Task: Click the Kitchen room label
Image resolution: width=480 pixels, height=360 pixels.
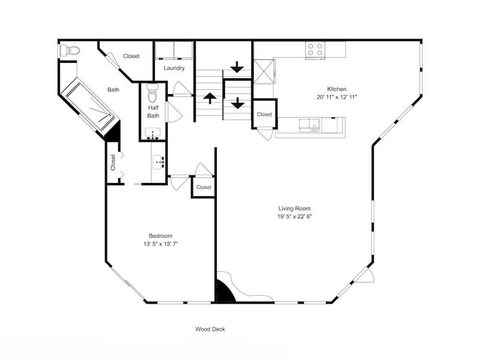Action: [337, 89]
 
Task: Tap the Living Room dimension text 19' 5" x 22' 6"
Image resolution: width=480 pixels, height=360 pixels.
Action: [295, 217]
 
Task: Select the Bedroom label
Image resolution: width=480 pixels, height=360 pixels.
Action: [160, 236]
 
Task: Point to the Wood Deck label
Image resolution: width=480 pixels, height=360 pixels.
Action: [210, 329]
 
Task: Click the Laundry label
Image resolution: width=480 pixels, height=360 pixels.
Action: [174, 68]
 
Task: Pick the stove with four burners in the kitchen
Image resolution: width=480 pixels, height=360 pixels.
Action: [315, 49]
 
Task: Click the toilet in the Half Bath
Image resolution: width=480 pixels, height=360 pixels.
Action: [153, 93]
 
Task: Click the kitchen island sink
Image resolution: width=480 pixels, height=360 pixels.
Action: [309, 125]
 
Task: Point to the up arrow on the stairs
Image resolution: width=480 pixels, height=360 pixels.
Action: [210, 98]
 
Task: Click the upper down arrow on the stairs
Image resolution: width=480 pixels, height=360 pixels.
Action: [237, 67]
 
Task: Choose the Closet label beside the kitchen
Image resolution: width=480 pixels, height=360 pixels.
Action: [264, 114]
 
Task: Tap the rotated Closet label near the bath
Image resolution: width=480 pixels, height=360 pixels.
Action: [113, 162]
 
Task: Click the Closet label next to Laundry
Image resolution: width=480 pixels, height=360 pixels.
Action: [131, 56]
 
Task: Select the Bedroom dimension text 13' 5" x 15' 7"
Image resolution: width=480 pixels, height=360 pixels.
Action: [161, 244]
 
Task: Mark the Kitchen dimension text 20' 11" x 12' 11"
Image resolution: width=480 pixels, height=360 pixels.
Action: [337, 97]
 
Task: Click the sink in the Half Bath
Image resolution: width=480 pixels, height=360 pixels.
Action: [153, 133]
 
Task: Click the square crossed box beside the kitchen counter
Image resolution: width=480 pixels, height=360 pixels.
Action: [264, 72]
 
